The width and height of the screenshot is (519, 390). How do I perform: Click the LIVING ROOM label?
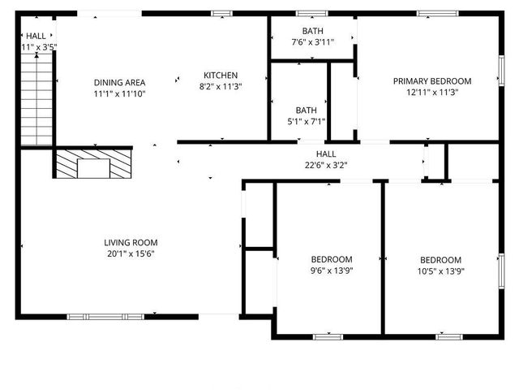coord(130,242)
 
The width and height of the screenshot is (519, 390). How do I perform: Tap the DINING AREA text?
coord(119,83)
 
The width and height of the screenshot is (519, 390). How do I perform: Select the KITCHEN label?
coord(221,75)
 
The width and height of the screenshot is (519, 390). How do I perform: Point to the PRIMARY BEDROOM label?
coord(432,81)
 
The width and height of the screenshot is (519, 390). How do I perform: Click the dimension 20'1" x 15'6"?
coord(130,253)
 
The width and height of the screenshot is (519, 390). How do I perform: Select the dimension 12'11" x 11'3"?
coord(432,93)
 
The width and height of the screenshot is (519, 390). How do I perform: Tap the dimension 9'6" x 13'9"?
coord(332,271)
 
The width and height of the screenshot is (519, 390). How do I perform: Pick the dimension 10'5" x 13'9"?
coord(440,271)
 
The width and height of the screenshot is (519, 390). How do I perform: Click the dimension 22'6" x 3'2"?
coord(325,165)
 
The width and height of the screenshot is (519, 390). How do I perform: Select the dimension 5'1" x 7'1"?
coord(307,122)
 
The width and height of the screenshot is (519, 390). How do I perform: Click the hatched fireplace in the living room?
coord(92,164)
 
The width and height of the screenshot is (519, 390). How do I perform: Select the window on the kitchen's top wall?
coord(221,13)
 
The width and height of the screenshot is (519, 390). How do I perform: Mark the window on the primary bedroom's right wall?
coord(501,69)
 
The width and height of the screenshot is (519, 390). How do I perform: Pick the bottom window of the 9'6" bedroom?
coord(328,336)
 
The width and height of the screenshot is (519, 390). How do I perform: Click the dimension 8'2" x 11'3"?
coord(221,86)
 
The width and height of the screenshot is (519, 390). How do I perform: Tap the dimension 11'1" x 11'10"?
coord(119,94)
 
